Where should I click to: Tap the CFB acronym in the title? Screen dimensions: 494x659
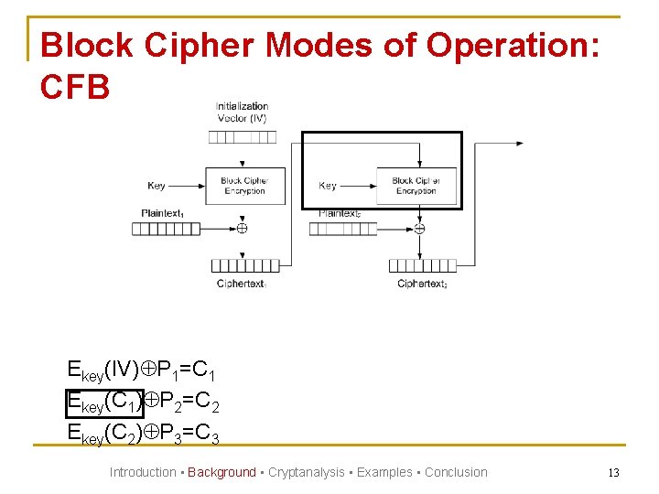75,87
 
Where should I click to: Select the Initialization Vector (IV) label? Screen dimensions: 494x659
242,113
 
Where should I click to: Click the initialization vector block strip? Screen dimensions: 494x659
242,137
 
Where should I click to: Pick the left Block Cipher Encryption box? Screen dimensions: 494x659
244,186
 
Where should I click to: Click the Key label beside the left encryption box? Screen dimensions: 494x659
157,186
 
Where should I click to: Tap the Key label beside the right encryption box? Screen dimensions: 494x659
328,186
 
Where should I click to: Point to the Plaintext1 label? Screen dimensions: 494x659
163,213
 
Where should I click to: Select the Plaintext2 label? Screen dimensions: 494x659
340,213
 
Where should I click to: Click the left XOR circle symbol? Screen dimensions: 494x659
242,229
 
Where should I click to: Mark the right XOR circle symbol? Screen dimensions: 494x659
419,229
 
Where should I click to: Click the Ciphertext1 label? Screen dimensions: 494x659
242,284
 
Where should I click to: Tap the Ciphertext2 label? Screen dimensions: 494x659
422,284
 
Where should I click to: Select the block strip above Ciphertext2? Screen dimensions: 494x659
422,265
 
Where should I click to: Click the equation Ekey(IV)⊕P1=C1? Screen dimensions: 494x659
143,370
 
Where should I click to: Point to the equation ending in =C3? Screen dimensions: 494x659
143,432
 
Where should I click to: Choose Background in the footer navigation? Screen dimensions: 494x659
221,472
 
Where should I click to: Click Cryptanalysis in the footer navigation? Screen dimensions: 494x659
306,472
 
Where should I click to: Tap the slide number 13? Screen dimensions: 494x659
614,472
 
